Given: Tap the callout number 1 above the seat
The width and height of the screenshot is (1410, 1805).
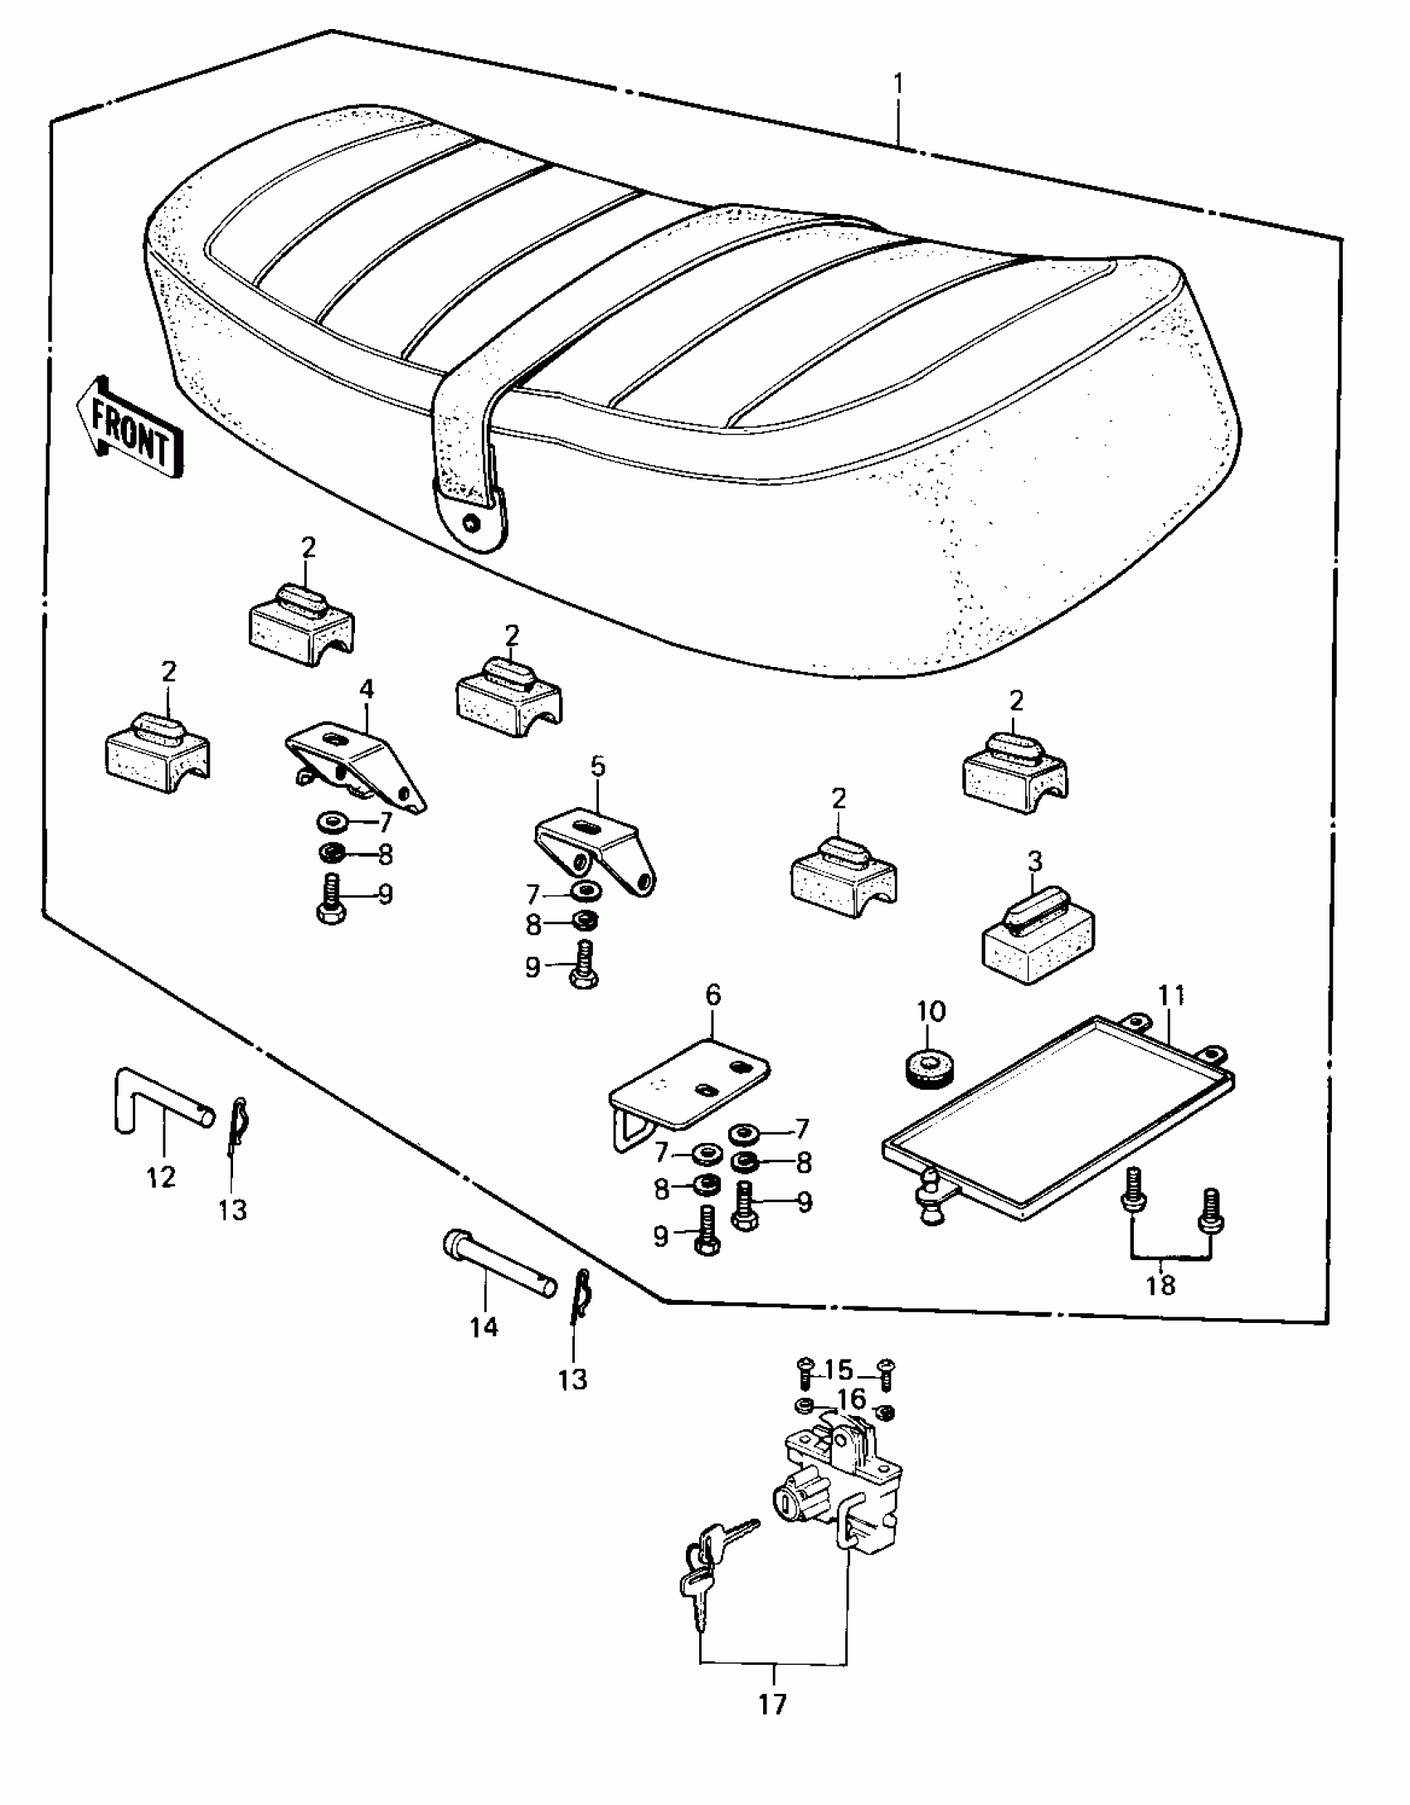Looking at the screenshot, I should pyautogui.click(x=898, y=85).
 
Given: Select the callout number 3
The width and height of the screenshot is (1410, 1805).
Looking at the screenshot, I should pyautogui.click(x=1034, y=861).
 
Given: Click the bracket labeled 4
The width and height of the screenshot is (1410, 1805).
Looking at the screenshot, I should pyautogui.click(x=355, y=761).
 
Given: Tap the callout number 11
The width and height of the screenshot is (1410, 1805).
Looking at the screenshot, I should pyautogui.click(x=1171, y=995).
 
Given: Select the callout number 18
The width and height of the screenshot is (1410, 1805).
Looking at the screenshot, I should pyautogui.click(x=1161, y=1287).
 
